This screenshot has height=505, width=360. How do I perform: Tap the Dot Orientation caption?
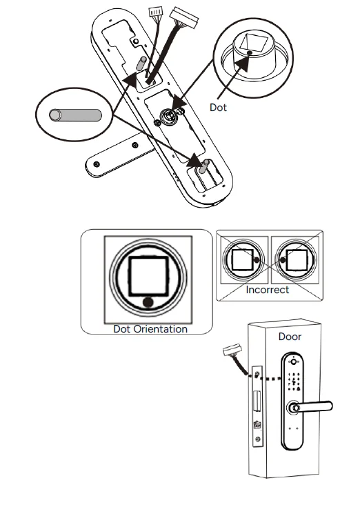click(x=150, y=329)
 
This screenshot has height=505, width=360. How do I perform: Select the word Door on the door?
click(x=290, y=337)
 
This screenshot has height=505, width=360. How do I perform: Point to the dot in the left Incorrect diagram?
click(x=257, y=261)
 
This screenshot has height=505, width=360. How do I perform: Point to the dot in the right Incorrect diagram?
click(x=281, y=261)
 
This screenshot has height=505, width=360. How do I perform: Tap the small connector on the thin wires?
click(x=156, y=12)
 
